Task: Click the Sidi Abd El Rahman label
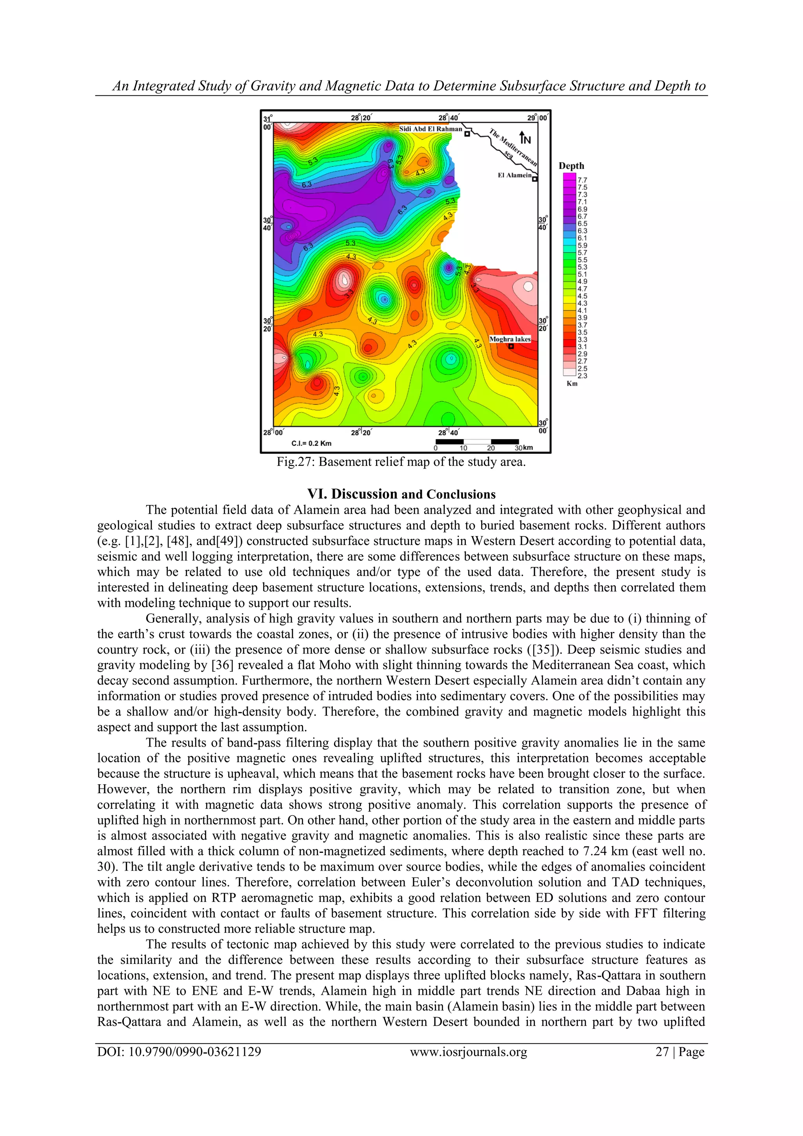tap(431, 129)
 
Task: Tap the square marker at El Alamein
tap(534, 179)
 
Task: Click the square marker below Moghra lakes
tap(511, 346)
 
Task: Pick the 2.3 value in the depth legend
tap(582, 376)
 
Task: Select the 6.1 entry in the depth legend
tap(582, 238)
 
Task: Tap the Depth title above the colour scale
tap(571, 166)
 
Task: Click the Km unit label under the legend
tap(572, 384)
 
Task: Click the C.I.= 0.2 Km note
tap(311, 443)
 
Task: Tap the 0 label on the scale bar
tap(435, 448)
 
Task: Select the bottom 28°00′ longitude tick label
tap(274, 433)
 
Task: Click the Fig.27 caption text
tap(401, 462)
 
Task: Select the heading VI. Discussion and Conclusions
tap(401, 494)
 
